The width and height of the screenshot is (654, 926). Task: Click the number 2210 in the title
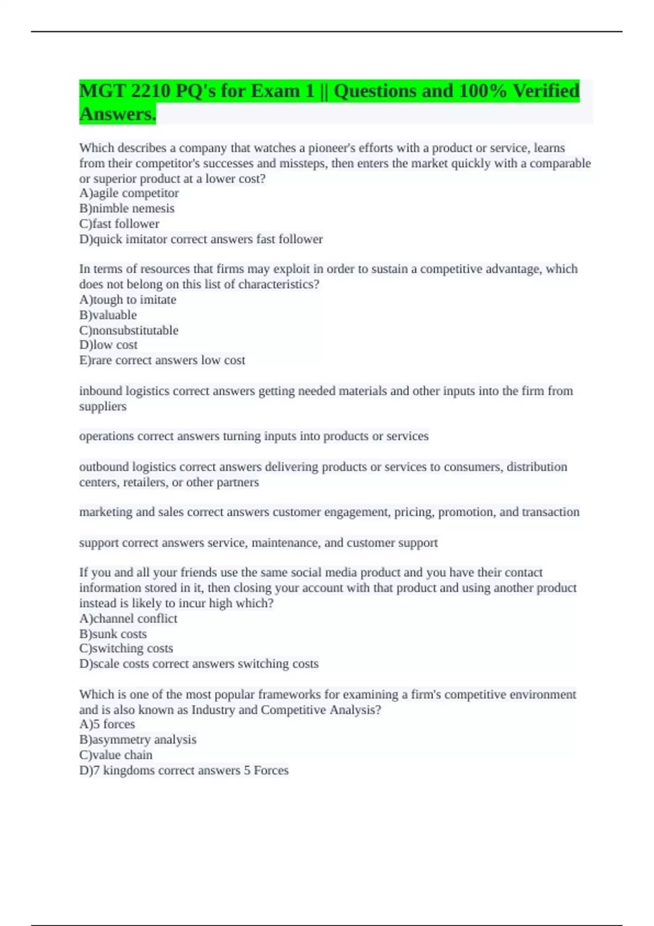[150, 91]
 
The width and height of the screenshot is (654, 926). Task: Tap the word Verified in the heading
[546, 91]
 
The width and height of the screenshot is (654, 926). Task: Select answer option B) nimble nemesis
[127, 209]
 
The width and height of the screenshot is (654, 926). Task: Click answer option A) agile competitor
[129, 193]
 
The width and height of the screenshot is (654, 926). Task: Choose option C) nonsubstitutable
[129, 331]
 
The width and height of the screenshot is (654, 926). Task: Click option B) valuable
[108, 315]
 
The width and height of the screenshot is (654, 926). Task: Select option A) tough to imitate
[128, 300]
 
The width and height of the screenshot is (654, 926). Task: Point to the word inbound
[101, 391]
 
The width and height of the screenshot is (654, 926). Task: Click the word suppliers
[102, 406]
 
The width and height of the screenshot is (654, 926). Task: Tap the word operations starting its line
[106, 436]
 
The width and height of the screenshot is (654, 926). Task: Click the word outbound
[104, 467]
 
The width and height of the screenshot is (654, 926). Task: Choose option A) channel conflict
[128, 619]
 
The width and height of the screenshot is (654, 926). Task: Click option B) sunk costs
[113, 634]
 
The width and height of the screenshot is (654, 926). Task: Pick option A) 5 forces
[107, 724]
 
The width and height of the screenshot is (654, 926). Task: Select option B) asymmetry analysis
[138, 740]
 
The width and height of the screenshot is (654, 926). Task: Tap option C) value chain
[116, 755]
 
